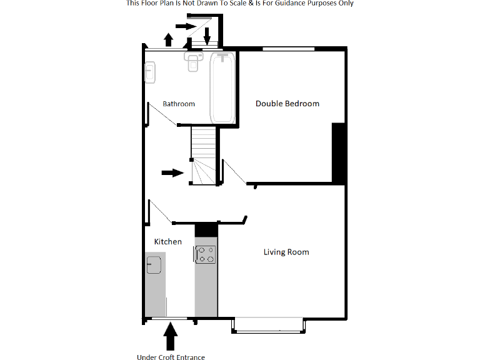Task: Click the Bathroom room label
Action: point(179,104)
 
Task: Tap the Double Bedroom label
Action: point(287,103)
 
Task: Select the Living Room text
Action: point(286,252)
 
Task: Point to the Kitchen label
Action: point(167,241)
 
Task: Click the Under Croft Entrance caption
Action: point(171,357)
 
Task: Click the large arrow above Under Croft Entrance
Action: point(170,338)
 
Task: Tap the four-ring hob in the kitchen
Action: point(206,254)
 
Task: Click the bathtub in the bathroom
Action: point(222,88)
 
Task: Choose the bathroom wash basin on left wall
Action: point(149,72)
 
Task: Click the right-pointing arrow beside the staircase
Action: point(172,172)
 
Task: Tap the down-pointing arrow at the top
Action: point(207,36)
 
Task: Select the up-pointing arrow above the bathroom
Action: point(168,40)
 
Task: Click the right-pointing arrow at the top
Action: point(186,26)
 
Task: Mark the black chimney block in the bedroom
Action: point(338,152)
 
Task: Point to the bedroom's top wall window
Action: point(288,49)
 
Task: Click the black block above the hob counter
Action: point(206,229)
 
